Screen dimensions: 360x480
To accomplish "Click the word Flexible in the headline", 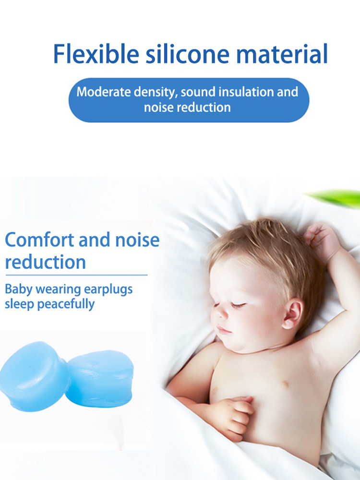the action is (x=96, y=54).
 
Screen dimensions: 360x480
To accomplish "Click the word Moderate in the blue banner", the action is (x=104, y=92).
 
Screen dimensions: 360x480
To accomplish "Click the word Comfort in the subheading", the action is (x=39, y=240).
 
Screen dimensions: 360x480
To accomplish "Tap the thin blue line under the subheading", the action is (x=76, y=275).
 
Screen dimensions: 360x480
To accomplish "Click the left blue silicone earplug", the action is (x=34, y=376).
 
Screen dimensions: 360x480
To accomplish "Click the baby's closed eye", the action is (x=238, y=305).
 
